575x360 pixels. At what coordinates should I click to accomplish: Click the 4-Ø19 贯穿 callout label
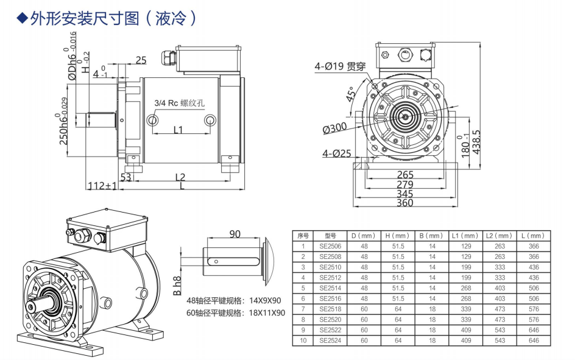pos(340,66)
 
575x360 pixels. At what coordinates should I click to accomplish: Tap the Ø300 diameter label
pos(335,129)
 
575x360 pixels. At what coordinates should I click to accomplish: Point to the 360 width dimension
pos(405,203)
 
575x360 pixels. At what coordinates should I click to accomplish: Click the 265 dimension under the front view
pos(405,175)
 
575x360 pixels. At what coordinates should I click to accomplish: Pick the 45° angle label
pos(351,96)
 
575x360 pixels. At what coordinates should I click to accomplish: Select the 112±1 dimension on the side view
pos(102,185)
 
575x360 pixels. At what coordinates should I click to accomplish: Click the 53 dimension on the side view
pos(126,177)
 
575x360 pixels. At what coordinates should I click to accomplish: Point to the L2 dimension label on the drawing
pos(180,177)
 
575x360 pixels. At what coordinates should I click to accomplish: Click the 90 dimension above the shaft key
pos(235,234)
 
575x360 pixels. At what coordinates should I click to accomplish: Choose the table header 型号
pos(331,236)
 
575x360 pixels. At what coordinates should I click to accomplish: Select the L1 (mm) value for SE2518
pos(466,309)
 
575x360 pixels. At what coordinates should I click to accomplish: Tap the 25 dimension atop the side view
pos(141,60)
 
